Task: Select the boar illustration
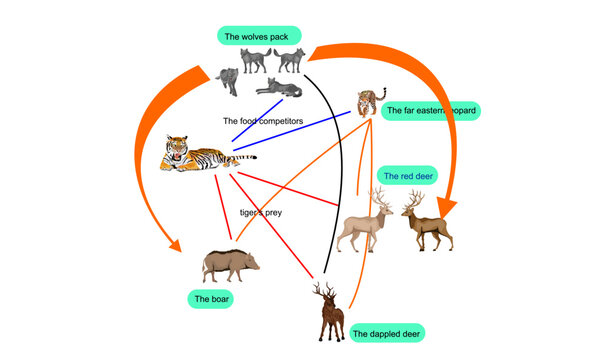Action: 230,264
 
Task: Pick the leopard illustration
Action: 367,103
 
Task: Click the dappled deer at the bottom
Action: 328,315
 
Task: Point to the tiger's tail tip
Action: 253,157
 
